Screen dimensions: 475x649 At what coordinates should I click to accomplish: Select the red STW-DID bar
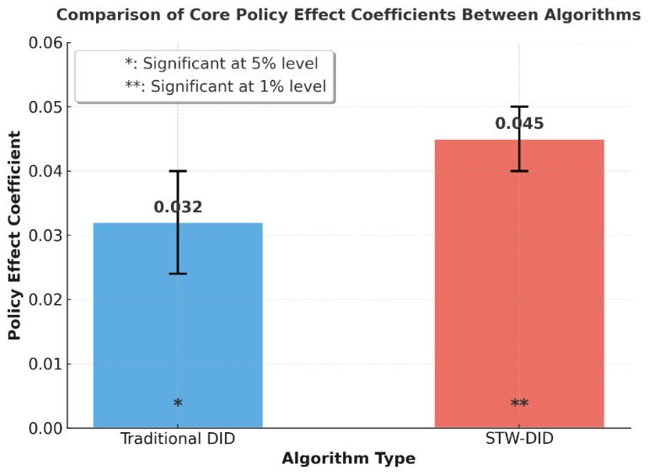519,286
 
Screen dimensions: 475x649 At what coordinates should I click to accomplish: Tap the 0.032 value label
178,207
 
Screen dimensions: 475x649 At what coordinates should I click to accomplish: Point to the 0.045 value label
519,124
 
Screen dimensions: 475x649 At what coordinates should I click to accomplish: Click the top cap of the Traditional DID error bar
178,171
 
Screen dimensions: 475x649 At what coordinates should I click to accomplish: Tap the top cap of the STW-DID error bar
519,107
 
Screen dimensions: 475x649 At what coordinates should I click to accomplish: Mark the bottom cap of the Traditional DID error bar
178,274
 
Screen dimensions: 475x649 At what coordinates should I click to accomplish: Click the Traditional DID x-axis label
178,439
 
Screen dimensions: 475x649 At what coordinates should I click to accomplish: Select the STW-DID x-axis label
519,439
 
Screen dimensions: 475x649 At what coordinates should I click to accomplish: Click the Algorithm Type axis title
348,459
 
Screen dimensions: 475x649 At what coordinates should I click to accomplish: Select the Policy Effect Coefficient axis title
14,236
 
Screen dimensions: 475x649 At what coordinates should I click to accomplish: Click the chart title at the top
348,14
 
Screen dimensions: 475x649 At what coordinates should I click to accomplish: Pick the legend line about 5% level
221,63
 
